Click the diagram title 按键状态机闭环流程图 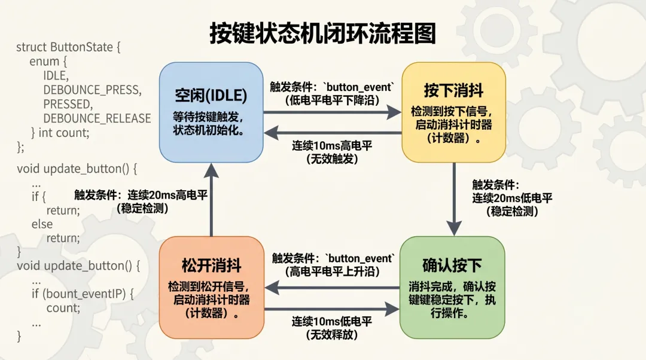pos(322,33)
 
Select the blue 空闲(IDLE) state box pos(211,112)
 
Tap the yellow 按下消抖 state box pos(453,112)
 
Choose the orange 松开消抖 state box pos(211,288)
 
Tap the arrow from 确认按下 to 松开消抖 pos(332,288)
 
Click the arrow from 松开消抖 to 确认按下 pos(332,309)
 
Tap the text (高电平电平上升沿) pos(332,271)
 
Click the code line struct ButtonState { pos(68,47)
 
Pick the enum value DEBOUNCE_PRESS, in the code pos(92,90)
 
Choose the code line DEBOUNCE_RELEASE pos(97,118)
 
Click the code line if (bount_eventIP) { pos(83,294)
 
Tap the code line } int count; pos(60,132)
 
